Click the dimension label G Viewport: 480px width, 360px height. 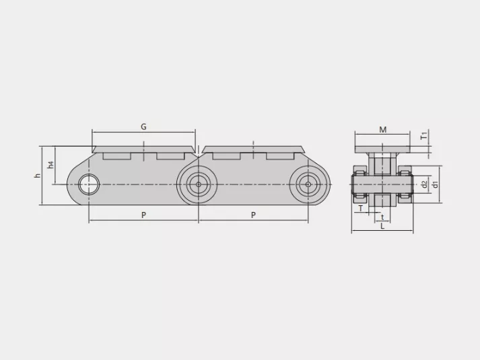[x=143, y=127]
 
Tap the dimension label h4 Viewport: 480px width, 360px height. [x=50, y=165]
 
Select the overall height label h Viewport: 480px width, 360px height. [x=37, y=176]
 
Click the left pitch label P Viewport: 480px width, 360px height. [x=143, y=215]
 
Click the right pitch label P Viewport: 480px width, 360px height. [x=253, y=215]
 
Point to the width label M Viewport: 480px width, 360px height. [x=382, y=130]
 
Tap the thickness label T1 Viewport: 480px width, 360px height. [x=424, y=136]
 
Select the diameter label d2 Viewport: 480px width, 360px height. [x=424, y=184]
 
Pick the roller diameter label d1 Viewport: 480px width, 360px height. [x=435, y=184]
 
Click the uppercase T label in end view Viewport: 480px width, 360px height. [x=361, y=209]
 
